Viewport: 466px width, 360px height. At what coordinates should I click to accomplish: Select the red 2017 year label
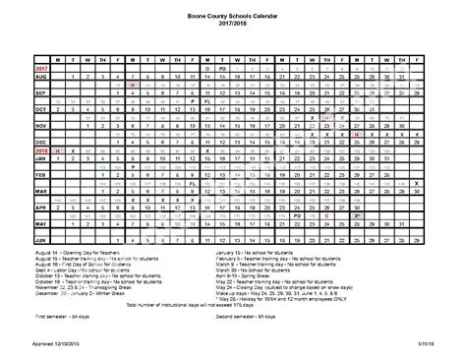(16, 67)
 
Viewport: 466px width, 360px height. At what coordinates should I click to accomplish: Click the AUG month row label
(15, 75)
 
